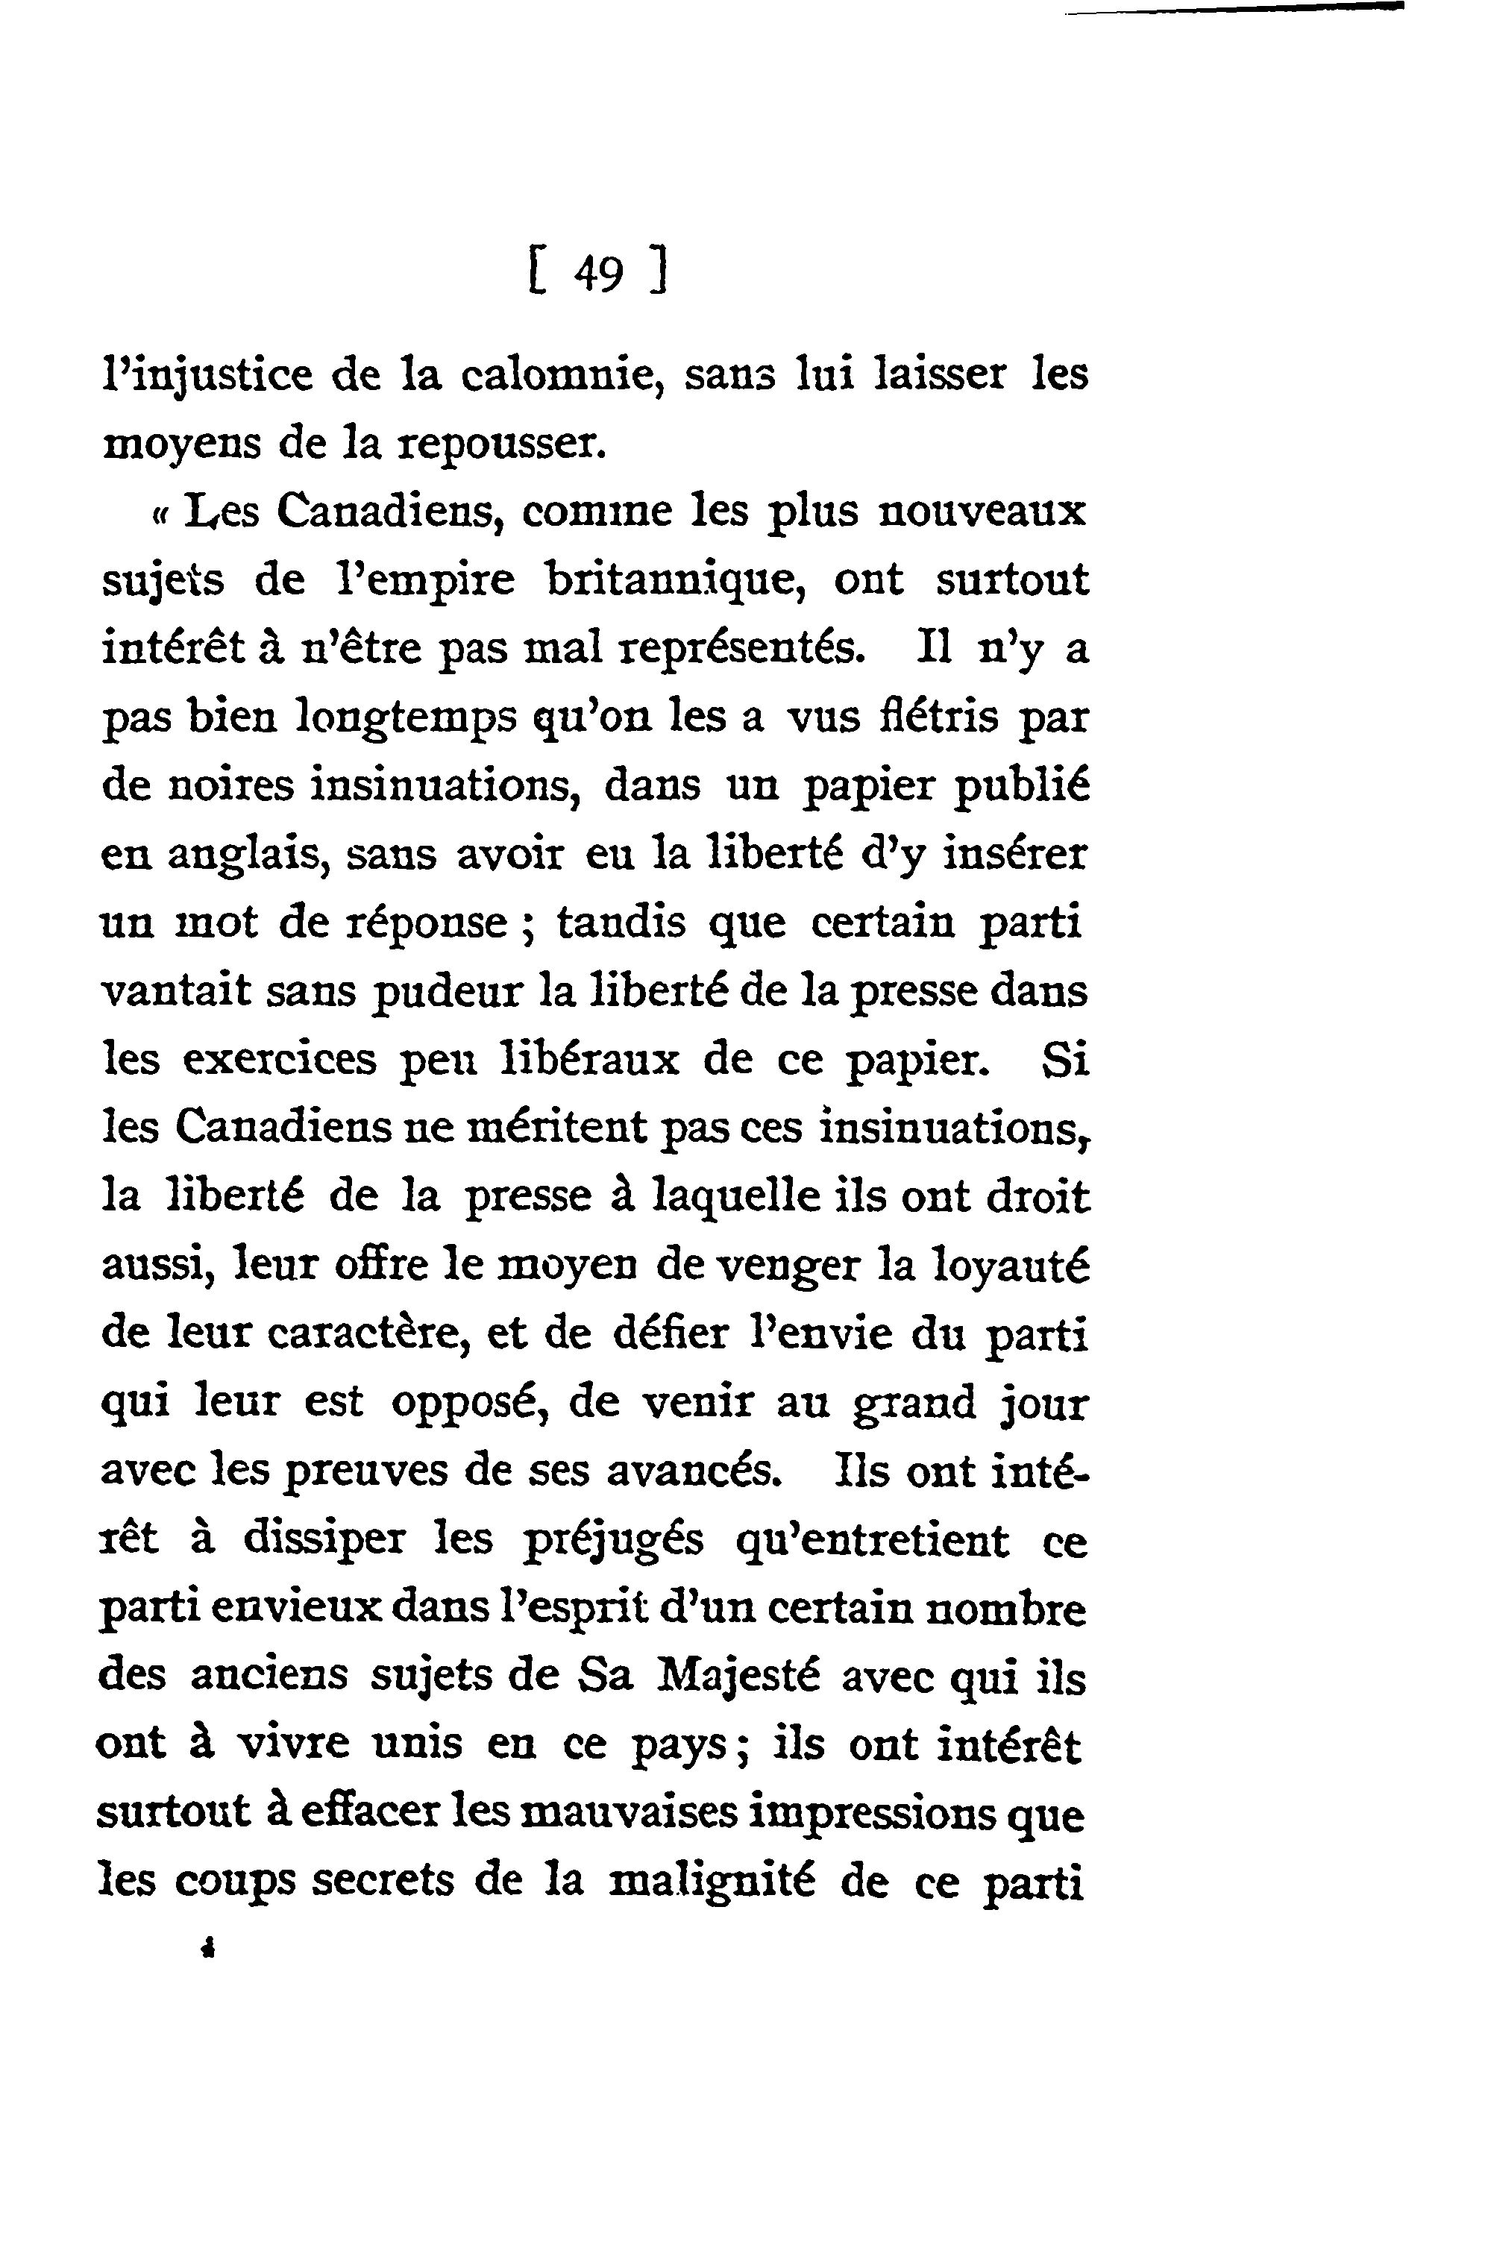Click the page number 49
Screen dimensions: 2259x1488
pos(597,275)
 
